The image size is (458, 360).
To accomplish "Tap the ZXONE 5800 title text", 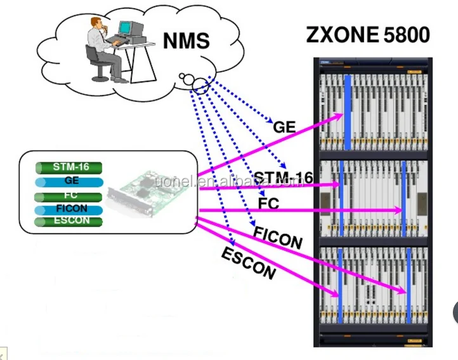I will (x=368, y=34).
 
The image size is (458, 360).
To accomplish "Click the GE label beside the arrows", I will (x=284, y=126).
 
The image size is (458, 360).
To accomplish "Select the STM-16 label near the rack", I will (x=283, y=177).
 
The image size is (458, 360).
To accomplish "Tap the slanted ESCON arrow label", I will (x=248, y=264).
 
